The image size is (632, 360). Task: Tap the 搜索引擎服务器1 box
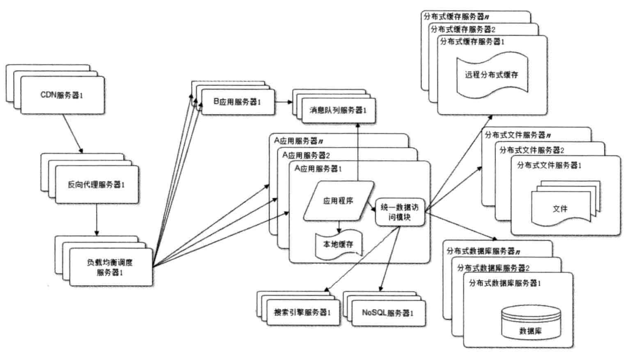304,312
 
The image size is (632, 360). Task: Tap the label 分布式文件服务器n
518,135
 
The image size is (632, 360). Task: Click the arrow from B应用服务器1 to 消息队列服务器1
283,102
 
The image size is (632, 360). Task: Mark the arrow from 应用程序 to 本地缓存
339,225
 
